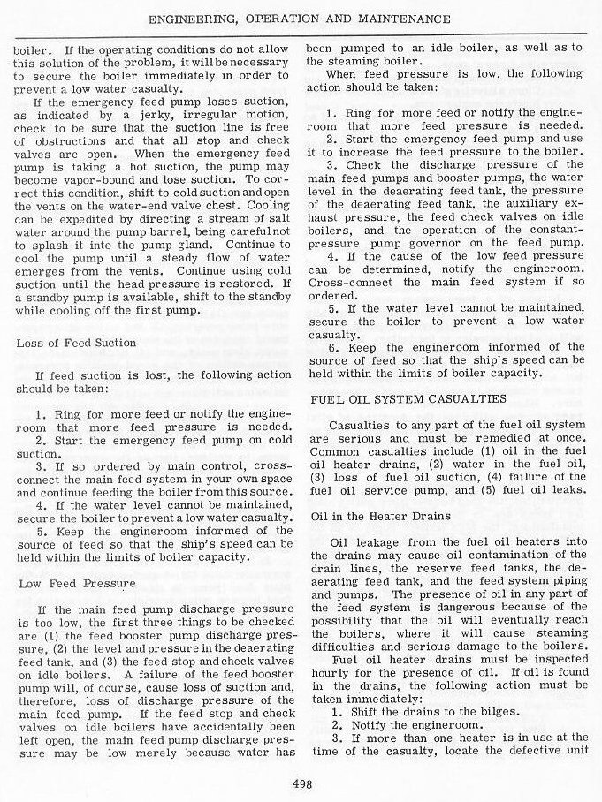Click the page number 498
point(301,780)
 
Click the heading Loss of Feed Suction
point(77,343)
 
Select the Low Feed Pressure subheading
point(77,584)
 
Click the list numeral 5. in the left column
point(41,533)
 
